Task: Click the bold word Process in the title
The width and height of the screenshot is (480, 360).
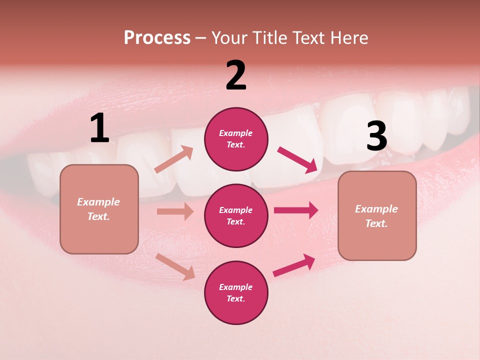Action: click(x=157, y=38)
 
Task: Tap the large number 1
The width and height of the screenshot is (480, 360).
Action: click(x=99, y=128)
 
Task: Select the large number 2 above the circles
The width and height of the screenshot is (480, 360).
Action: click(x=236, y=75)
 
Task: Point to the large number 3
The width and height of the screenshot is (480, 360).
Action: click(x=376, y=136)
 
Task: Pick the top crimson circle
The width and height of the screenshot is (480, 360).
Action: click(x=236, y=139)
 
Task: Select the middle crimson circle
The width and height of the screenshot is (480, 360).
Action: click(x=236, y=216)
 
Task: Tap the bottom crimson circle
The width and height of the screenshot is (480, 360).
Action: click(x=236, y=293)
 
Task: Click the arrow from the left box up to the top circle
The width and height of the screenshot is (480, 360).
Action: click(x=174, y=159)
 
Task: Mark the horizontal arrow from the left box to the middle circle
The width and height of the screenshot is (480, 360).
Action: click(x=175, y=211)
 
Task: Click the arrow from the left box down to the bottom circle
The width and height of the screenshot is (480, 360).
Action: click(x=175, y=266)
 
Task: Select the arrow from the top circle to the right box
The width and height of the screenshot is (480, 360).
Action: click(x=297, y=159)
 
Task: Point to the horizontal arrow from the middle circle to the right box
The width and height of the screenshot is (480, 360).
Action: click(x=295, y=210)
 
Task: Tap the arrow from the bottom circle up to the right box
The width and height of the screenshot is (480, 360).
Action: click(x=294, y=265)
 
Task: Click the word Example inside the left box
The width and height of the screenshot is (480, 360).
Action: click(x=98, y=202)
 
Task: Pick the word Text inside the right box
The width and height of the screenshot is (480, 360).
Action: click(x=376, y=223)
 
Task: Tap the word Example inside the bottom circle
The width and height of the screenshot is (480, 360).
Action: click(x=235, y=287)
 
